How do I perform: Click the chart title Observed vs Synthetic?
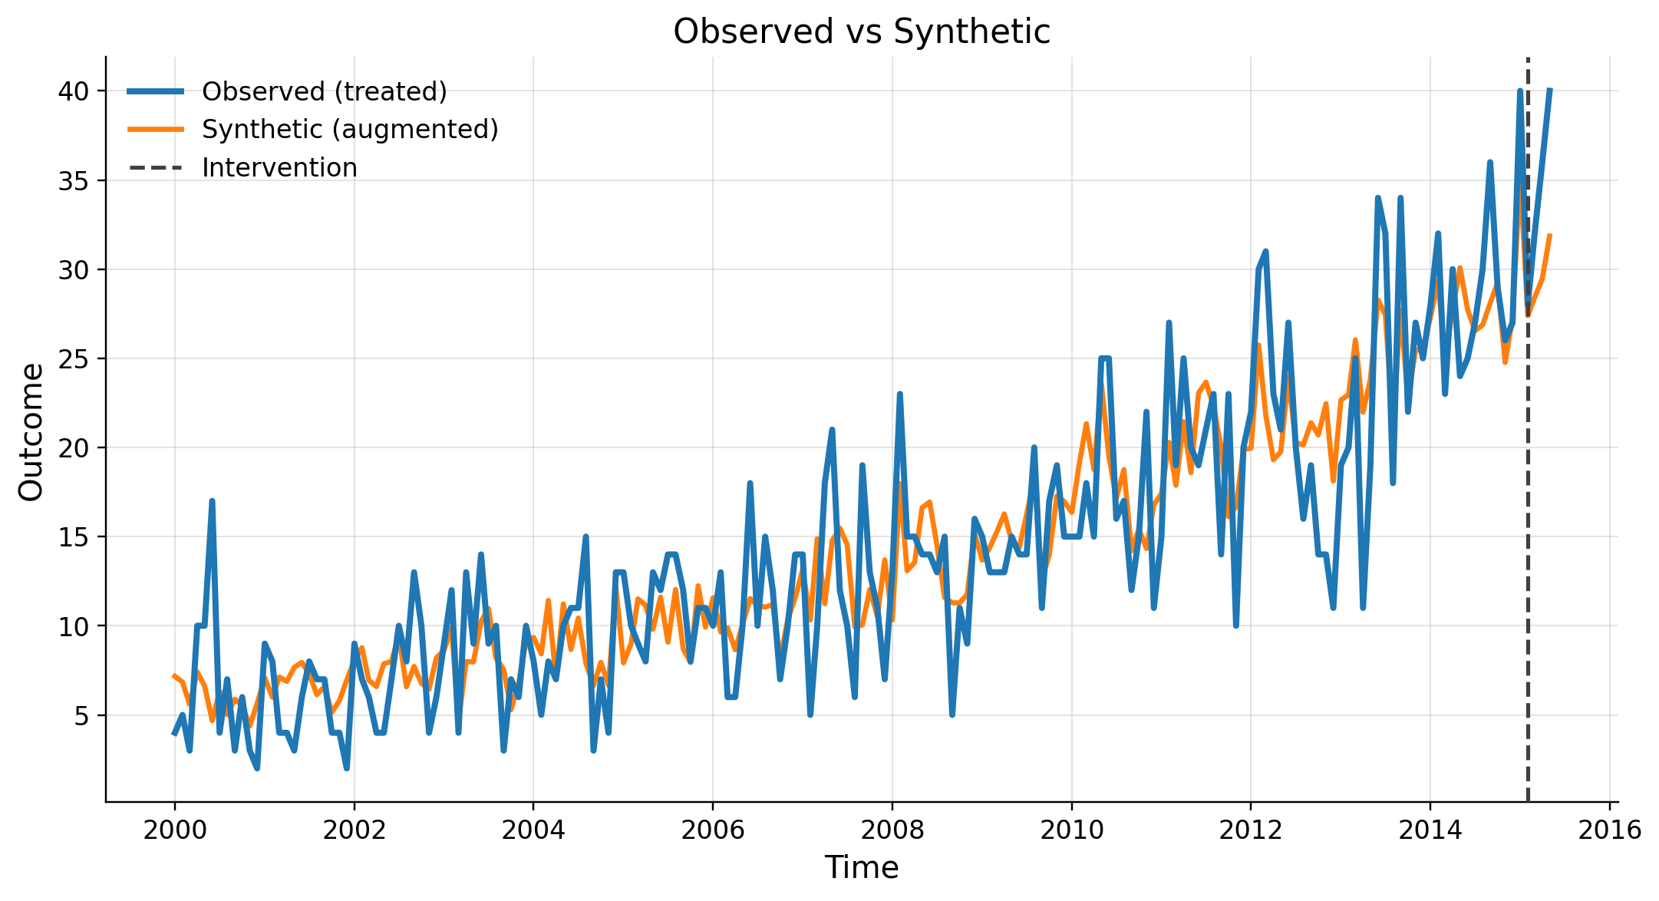[x=861, y=32]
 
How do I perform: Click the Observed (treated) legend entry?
[x=324, y=91]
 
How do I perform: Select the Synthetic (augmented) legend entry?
[x=350, y=130]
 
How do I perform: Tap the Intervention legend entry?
[x=279, y=168]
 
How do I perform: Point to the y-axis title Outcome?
[x=31, y=432]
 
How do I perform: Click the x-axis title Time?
[x=861, y=868]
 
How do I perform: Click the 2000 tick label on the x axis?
[x=174, y=830]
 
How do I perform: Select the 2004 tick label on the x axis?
[x=533, y=830]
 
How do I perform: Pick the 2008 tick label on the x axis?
[x=892, y=830]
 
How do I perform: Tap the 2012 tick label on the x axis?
[x=1251, y=830]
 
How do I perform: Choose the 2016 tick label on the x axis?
[x=1609, y=830]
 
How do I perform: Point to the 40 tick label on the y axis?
[x=74, y=91]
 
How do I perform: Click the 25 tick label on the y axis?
[x=74, y=359]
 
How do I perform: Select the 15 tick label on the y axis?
[x=74, y=537]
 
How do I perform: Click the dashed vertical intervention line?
[x=1528, y=460]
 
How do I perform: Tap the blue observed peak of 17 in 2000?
[x=212, y=501]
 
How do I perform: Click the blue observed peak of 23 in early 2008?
[x=899, y=394]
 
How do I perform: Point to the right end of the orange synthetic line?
[x=1550, y=235]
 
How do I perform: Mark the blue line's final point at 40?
[x=1550, y=91]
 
